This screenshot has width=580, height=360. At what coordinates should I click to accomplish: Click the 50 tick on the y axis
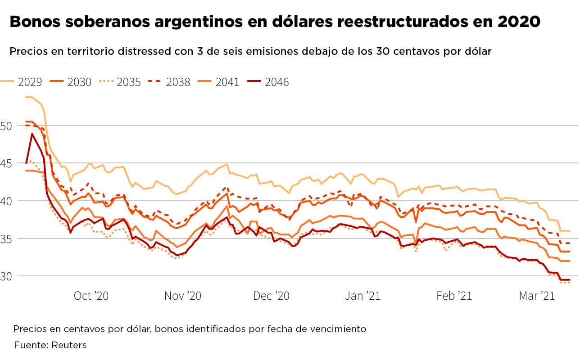point(6,126)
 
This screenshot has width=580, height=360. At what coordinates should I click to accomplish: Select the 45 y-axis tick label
point(6,163)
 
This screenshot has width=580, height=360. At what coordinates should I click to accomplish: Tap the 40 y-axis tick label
point(6,201)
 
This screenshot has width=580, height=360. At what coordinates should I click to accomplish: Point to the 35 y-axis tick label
point(6,238)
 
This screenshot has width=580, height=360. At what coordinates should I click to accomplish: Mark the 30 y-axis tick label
point(6,276)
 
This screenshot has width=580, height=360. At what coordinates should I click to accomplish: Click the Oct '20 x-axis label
point(91,296)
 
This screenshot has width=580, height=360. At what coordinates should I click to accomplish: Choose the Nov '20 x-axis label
point(182,296)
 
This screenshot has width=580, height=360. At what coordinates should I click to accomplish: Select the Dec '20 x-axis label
point(271,296)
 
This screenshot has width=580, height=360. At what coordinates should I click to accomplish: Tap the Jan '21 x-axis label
point(362,296)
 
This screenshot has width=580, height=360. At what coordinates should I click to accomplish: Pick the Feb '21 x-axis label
point(454,296)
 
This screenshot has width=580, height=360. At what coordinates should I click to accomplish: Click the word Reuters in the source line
point(69,345)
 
